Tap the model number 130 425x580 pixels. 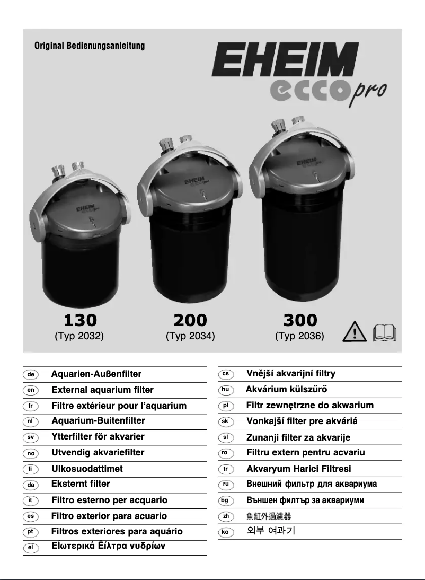pos(80,320)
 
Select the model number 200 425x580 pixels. pos(190,320)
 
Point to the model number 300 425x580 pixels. pos(300,320)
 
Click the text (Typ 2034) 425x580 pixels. pos(190,336)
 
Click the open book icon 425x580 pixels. pos(385,333)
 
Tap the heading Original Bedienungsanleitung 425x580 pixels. pos(90,46)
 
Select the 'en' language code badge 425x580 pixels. pos(31,390)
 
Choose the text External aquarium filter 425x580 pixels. pos(102,390)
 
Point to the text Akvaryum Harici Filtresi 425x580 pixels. pos(299,469)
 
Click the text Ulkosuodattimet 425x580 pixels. pos(87,469)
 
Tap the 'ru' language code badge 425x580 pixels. pos(226,484)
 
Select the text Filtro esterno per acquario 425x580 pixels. pos(109,500)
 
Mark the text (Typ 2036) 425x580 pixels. pos(299,336)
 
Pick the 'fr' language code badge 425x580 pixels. pos(31,406)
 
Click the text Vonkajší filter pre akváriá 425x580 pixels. pos(302,421)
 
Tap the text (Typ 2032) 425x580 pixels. pos(79,336)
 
